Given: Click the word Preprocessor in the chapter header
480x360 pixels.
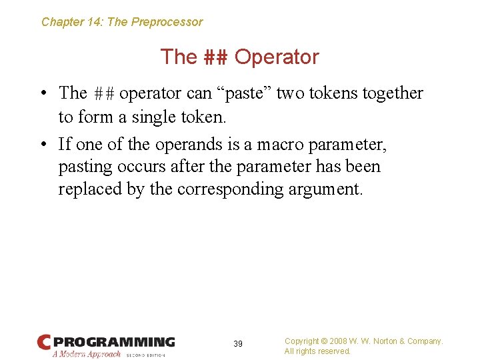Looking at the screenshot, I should point(167,22).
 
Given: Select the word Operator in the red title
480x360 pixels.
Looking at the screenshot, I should point(277,57).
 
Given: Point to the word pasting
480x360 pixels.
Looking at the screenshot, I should point(83,167).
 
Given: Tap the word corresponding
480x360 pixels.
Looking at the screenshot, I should point(231,189).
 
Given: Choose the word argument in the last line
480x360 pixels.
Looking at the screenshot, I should point(325,190).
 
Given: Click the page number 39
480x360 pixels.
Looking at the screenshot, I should point(238,344).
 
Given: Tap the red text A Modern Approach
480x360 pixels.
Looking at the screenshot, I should point(87,354).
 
